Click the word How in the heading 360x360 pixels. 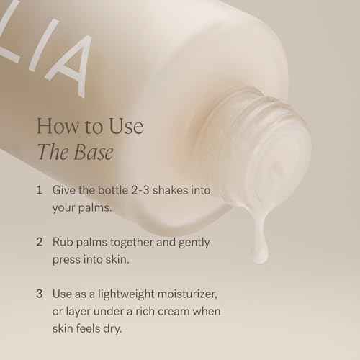pos(57,127)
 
